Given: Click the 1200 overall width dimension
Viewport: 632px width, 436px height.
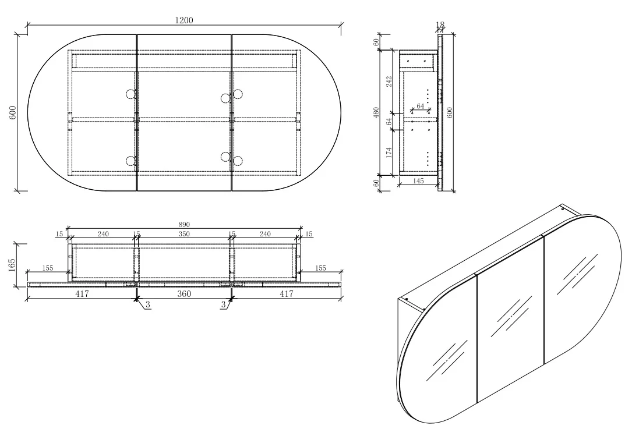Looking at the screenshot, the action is (184, 20).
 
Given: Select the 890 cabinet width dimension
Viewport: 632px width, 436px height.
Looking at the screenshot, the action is (184, 225).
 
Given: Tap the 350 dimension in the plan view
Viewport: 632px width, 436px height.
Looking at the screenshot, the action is (184, 233).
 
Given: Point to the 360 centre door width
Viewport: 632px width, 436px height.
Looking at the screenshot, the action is (184, 294).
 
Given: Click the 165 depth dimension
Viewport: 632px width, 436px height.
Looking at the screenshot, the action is (12, 265).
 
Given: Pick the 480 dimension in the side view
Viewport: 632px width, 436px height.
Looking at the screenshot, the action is (376, 112).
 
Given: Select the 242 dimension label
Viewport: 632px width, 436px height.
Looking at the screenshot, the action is (389, 82).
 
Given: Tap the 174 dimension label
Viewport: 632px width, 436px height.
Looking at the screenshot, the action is (389, 153).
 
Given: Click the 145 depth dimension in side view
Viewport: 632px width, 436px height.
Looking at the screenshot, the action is (418, 181).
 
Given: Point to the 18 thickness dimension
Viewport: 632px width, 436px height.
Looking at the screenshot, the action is (440, 25).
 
